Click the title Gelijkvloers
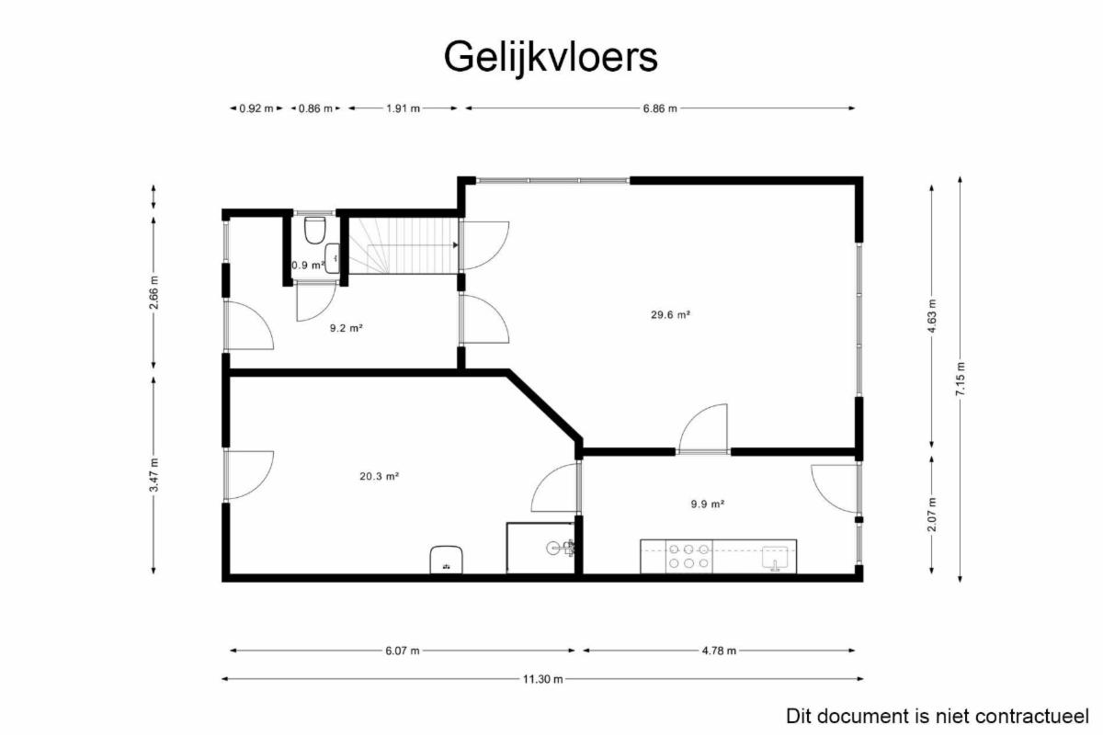pyautogui.click(x=551, y=58)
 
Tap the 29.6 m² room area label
pyautogui.click(x=670, y=314)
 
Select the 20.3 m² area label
pyautogui.click(x=379, y=476)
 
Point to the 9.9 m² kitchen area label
pyautogui.click(x=707, y=504)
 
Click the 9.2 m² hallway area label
pyautogui.click(x=347, y=328)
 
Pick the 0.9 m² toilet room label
pyautogui.click(x=308, y=266)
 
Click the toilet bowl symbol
pyautogui.click(x=314, y=231)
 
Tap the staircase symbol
pyautogui.click(x=404, y=245)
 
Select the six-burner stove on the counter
pyautogui.click(x=688, y=556)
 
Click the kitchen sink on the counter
pyautogui.click(x=777, y=558)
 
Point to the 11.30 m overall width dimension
pyautogui.click(x=542, y=679)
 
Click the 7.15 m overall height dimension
pyautogui.click(x=961, y=379)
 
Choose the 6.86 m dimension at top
pyautogui.click(x=660, y=108)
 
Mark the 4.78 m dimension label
pyautogui.click(x=719, y=651)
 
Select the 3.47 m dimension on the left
pyautogui.click(x=154, y=475)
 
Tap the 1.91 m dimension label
pyautogui.click(x=403, y=108)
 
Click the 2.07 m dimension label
pyautogui.click(x=932, y=515)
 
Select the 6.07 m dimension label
pyautogui.click(x=403, y=651)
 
